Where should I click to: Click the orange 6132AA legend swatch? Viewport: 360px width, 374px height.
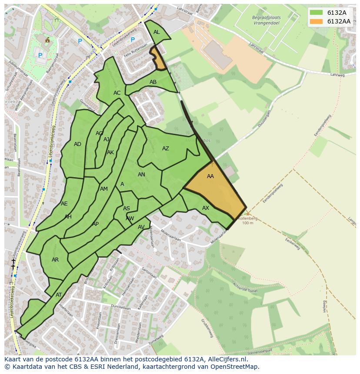[x=316, y=21]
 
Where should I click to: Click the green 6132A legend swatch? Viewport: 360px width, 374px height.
[x=316, y=13]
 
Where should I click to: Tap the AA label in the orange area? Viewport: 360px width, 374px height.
[x=210, y=176]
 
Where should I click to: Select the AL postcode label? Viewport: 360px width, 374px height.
[x=157, y=32]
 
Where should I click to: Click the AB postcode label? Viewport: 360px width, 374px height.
[x=153, y=82]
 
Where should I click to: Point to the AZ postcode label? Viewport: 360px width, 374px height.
[x=166, y=149]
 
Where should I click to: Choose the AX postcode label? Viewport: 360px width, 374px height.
[x=206, y=208]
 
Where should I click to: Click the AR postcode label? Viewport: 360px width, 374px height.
[x=55, y=260]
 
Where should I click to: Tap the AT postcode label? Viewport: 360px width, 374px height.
[x=59, y=295]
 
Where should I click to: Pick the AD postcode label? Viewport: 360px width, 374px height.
[x=77, y=144]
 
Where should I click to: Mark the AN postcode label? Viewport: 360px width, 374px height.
[x=141, y=175]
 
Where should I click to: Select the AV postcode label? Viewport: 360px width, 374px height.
[x=141, y=227]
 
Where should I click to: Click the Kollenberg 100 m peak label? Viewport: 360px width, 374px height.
[x=247, y=221]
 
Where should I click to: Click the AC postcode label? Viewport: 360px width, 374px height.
[x=117, y=93]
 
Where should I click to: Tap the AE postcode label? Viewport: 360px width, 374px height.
[x=64, y=204]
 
